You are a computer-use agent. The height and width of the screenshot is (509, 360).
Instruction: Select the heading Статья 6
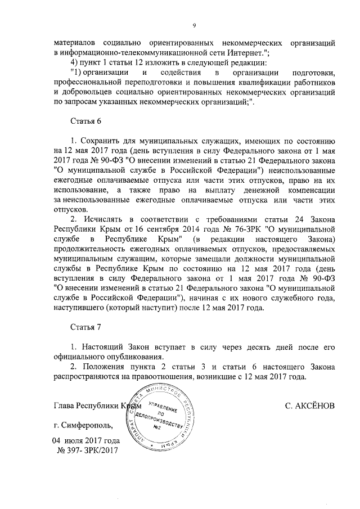pos(85,121)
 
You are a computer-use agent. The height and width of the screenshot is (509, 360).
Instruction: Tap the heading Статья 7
pos(85,326)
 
